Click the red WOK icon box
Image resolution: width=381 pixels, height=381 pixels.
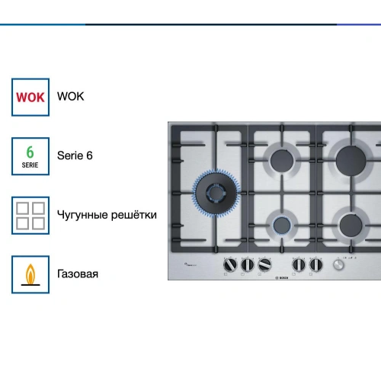point(30,97)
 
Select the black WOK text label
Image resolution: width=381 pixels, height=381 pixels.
point(70,97)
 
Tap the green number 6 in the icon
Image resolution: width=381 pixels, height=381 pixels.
point(30,152)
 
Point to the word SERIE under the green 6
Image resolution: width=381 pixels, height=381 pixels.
point(30,165)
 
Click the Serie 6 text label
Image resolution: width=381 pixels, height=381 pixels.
point(75,155)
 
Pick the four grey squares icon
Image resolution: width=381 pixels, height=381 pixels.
point(30,216)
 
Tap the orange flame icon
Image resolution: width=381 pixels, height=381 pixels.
point(30,274)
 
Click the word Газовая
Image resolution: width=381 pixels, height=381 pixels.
point(78,274)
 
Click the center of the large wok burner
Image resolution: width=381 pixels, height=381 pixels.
point(216,193)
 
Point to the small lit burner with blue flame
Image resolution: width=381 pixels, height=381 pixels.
point(282,226)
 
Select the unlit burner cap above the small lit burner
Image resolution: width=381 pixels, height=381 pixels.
point(282,161)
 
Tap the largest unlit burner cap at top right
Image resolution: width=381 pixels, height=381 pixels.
point(351,161)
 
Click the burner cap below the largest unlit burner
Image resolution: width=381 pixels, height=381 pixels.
point(351,226)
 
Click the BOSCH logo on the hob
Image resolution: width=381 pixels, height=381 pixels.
point(282,278)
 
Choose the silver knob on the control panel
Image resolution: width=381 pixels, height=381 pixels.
point(338,265)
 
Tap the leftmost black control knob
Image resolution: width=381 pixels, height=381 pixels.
point(230,264)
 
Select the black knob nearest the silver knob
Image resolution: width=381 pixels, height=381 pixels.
point(315,264)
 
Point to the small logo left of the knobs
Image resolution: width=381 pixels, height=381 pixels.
point(190,264)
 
